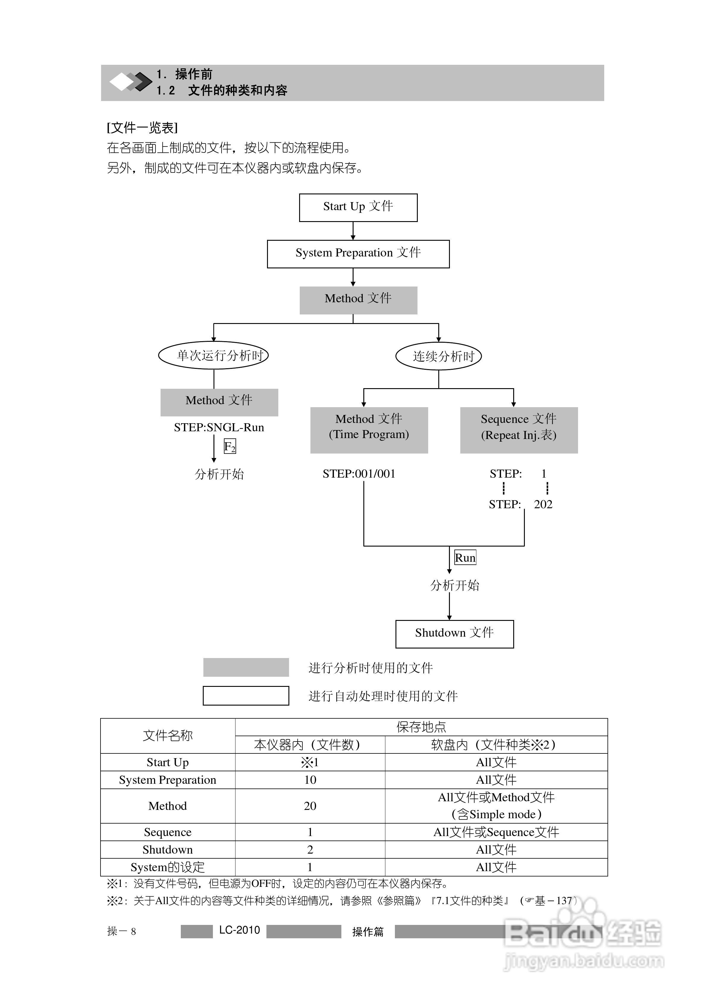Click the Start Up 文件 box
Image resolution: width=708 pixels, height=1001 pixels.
[x=358, y=207]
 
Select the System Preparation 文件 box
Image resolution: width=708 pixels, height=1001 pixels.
[x=358, y=254]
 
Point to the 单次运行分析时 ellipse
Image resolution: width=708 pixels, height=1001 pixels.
[x=213, y=355]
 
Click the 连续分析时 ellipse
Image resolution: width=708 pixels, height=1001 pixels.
[x=438, y=356]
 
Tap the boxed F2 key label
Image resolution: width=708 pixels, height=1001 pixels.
[x=230, y=446]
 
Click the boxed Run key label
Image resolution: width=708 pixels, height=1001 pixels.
[x=465, y=558]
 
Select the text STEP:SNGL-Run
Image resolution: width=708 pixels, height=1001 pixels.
[x=219, y=427]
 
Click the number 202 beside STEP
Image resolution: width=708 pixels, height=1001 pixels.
[x=543, y=504]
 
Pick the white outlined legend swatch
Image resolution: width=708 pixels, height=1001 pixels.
[x=246, y=695]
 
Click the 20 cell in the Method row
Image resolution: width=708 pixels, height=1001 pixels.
[x=310, y=806]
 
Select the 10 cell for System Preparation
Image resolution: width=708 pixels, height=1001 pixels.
[x=310, y=780]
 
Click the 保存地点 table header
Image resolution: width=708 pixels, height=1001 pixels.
[x=421, y=727]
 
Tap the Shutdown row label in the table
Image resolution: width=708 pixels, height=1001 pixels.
[x=167, y=849]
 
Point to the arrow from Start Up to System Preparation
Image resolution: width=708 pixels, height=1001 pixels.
[x=353, y=231]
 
